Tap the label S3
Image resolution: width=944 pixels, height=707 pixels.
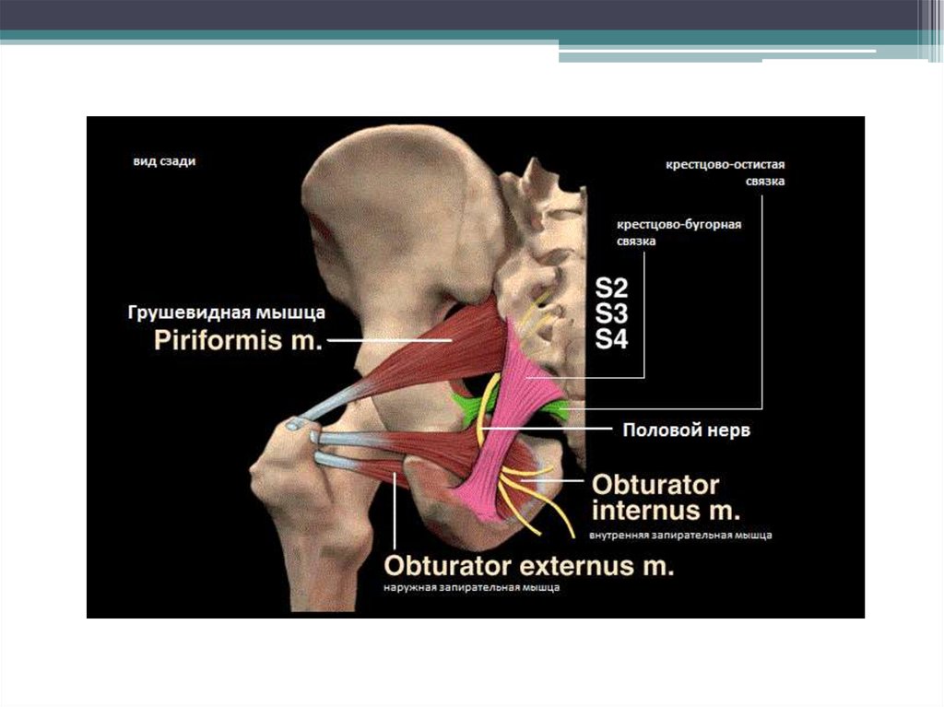611,312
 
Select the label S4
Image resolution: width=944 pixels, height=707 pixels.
611,339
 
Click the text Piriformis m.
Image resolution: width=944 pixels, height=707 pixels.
237,342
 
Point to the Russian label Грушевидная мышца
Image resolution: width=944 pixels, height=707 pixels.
226,313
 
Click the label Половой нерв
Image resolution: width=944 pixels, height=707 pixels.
687,430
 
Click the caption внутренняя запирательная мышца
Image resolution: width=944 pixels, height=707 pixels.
674,535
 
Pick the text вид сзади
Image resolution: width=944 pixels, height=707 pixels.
162,160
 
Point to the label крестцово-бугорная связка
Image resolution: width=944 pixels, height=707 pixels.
679,231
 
